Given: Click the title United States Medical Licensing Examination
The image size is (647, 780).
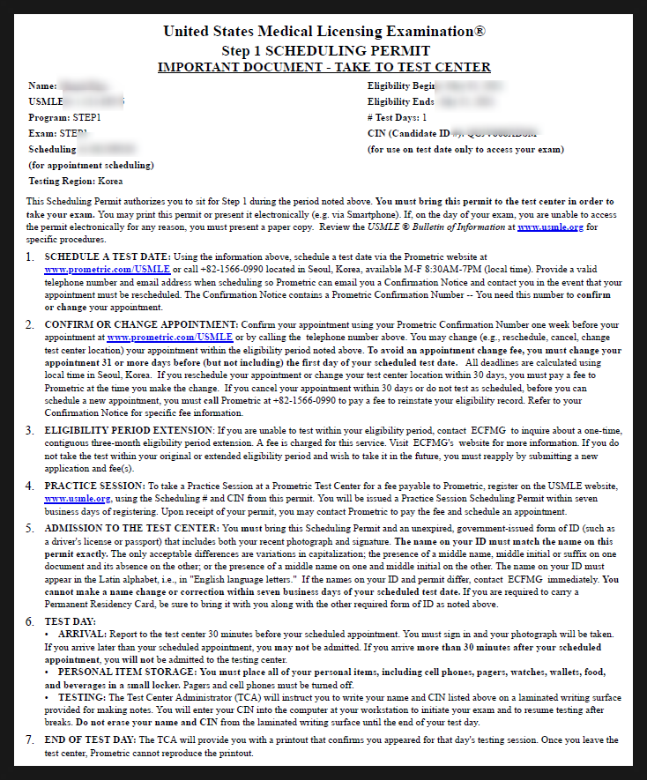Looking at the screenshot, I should click(323, 32).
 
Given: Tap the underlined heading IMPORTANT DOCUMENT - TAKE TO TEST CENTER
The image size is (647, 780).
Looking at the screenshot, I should click(323, 67).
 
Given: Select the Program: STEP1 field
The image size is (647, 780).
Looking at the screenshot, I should click(64, 116).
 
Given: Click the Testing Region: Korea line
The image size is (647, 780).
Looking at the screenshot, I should click(74, 181).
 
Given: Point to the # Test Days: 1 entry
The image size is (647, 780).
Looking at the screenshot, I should click(397, 116).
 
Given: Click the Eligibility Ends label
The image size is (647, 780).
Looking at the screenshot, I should click(401, 101).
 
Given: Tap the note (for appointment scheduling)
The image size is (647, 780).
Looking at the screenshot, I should click(91, 165).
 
